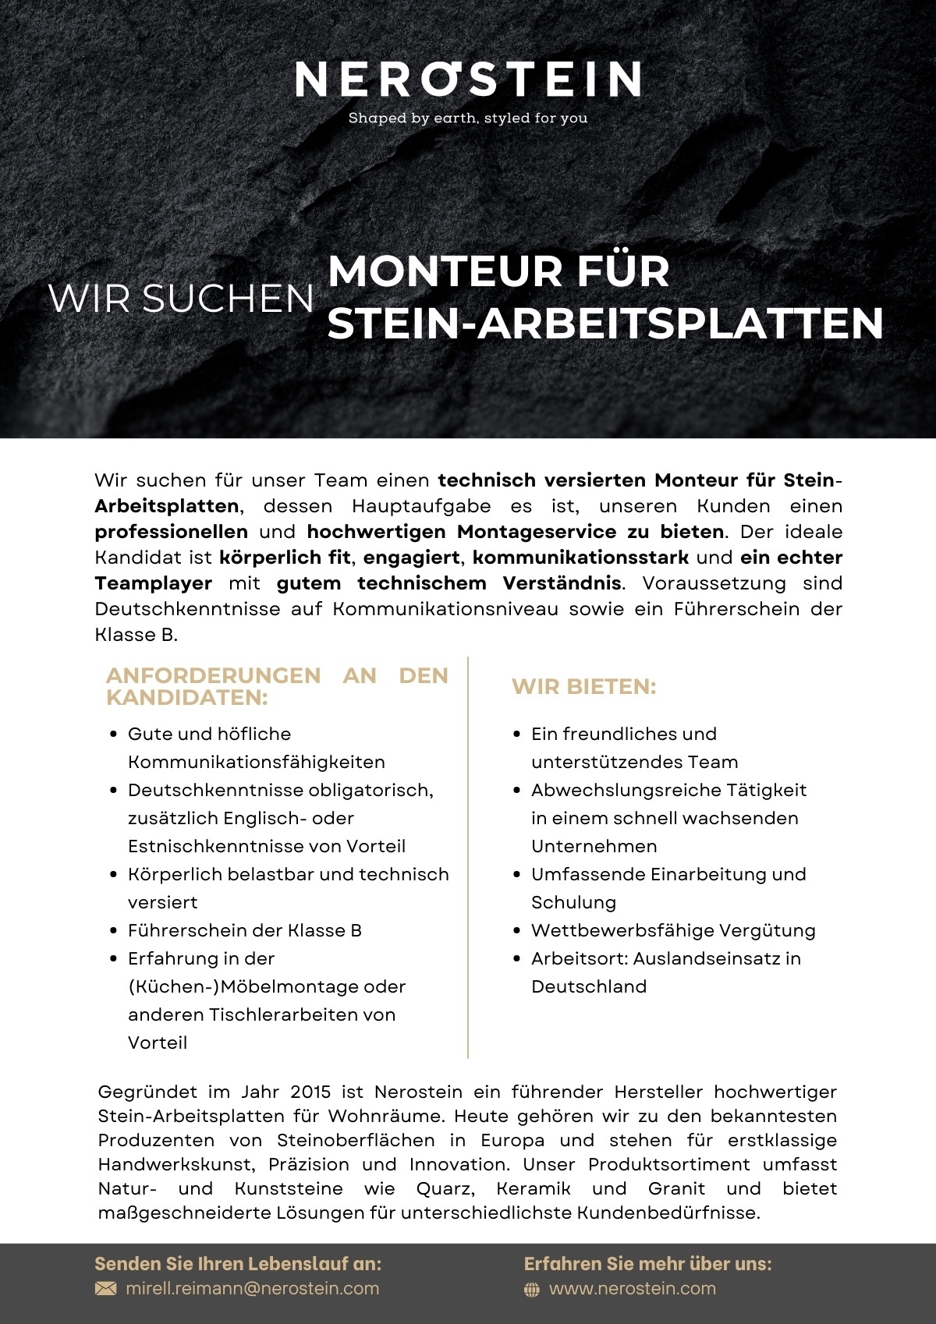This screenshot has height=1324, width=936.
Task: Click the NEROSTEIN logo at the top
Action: click(x=468, y=80)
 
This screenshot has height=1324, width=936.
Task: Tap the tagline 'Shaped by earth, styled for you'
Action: click(x=468, y=119)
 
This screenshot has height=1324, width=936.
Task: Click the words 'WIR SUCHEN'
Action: click(x=181, y=299)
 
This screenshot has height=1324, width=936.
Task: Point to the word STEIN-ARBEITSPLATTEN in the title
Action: click(x=605, y=324)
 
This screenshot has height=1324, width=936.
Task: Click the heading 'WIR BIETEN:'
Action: click(x=583, y=687)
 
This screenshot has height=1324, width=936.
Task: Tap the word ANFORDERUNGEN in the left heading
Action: click(x=213, y=675)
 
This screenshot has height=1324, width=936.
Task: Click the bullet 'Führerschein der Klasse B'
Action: click(x=245, y=930)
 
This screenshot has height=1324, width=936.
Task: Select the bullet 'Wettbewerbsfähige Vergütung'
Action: click(x=673, y=930)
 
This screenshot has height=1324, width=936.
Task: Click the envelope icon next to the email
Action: click(x=105, y=1288)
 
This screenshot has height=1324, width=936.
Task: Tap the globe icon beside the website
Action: click(x=532, y=1290)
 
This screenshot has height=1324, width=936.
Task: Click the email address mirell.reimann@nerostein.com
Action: click(x=253, y=1288)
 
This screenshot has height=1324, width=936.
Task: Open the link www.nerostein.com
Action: click(x=633, y=1288)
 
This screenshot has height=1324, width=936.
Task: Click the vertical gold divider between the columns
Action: click(x=468, y=858)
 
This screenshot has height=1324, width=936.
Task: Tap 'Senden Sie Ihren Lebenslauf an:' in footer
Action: click(x=238, y=1263)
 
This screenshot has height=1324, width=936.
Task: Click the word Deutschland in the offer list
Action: click(x=589, y=986)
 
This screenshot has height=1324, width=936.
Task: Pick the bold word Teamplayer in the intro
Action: click(x=153, y=583)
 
